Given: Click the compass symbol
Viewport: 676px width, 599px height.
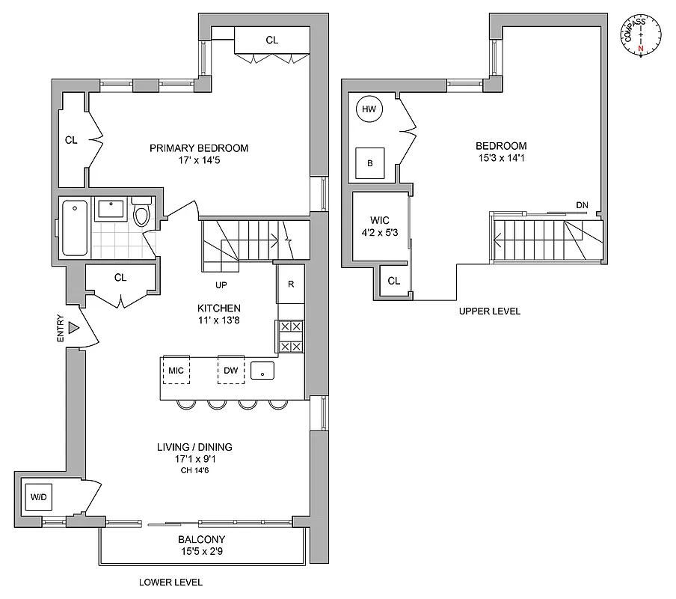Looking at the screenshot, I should pos(641,35).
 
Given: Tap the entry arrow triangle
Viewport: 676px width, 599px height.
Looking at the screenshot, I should pos(73,328).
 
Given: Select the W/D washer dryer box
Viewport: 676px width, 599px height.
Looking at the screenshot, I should pos(37,496).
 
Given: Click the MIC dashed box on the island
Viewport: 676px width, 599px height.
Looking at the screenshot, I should pos(176,371).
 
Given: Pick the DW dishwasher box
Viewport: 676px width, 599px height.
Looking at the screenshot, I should pos(231,371).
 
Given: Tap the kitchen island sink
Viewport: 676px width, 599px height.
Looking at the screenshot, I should pos(263,371).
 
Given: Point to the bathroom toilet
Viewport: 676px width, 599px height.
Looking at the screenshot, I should pos(141,213).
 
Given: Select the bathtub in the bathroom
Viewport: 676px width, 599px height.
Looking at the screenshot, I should pos(74,228).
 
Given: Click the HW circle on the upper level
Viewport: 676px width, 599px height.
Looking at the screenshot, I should pos(368,109).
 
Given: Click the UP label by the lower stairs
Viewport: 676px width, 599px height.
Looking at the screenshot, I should pos(221,285).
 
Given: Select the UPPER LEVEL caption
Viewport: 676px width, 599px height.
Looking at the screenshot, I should pos(490,311).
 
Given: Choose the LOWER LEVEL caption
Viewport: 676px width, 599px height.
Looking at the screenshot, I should pos(171,582).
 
